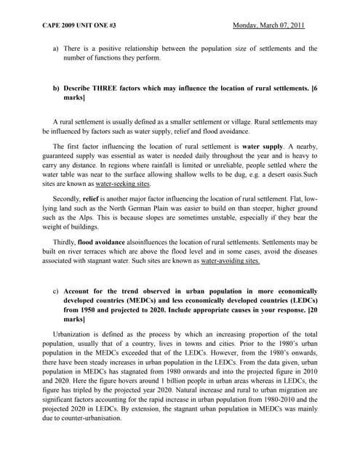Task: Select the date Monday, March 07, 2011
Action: [268, 27]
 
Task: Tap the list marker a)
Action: [56, 49]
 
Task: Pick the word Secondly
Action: [68, 197]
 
